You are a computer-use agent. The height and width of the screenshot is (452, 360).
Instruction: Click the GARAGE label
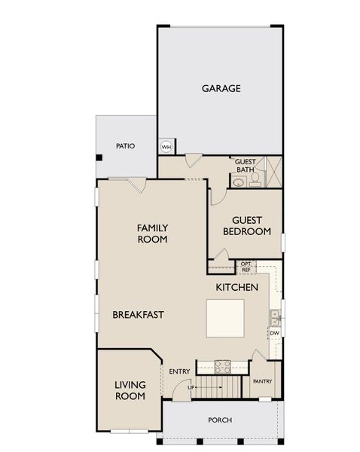(x=221, y=88)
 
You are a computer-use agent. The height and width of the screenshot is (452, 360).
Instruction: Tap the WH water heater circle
(x=166, y=146)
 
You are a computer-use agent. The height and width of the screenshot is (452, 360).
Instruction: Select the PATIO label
(x=125, y=146)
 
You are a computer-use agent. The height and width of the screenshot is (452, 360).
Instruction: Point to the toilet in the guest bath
(x=255, y=179)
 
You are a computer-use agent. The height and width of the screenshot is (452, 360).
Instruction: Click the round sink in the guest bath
(x=239, y=181)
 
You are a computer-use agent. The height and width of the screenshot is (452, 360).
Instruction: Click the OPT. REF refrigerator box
(x=246, y=267)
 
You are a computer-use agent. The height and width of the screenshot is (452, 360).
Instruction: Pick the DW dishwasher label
(x=275, y=332)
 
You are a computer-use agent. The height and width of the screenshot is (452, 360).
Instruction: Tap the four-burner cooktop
(x=223, y=366)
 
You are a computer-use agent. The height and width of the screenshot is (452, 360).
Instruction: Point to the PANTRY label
(x=262, y=381)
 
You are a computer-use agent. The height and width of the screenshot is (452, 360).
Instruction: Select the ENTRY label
(x=179, y=371)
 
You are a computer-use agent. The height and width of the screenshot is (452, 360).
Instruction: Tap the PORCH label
(x=220, y=420)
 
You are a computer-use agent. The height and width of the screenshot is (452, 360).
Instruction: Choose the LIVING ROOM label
(x=130, y=390)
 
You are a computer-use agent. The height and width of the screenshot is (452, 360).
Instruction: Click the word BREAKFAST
(x=139, y=314)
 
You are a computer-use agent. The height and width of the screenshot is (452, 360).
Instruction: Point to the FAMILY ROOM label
(x=151, y=233)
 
